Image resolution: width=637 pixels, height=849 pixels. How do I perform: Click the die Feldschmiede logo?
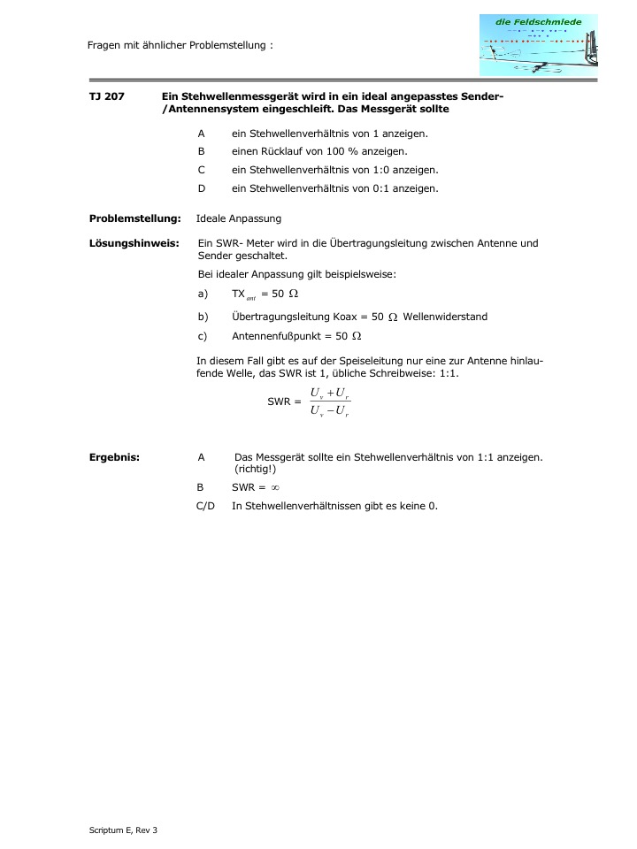[x=538, y=44]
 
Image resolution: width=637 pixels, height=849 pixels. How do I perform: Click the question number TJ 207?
[x=106, y=96]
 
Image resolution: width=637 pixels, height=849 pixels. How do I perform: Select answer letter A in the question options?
[x=201, y=134]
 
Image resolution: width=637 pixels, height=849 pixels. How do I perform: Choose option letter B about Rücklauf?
[x=201, y=151]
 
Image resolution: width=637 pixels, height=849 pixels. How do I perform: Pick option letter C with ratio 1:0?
[x=201, y=170]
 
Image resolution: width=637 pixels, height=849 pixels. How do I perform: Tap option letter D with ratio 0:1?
[x=201, y=187]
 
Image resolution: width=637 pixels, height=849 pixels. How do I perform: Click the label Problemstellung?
[x=134, y=218]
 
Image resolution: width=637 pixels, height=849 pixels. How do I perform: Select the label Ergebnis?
[x=114, y=457]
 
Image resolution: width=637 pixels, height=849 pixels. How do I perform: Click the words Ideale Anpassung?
[x=239, y=218]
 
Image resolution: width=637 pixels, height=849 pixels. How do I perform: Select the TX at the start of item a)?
[x=238, y=293]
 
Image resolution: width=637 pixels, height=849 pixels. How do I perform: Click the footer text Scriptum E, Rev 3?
[x=123, y=830]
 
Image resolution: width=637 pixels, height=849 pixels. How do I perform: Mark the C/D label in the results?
[x=205, y=506]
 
